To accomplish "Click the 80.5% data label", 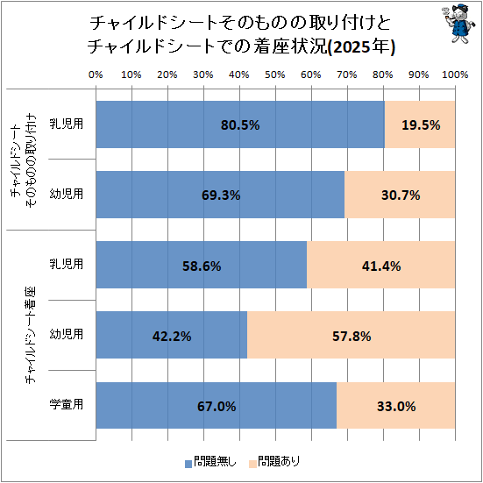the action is (x=240, y=125).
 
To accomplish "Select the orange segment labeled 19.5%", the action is (x=420, y=124).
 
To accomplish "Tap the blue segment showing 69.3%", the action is (x=220, y=195).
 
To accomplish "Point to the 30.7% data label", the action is (x=401, y=195).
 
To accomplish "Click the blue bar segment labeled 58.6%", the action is (x=202, y=265).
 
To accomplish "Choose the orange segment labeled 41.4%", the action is (x=381, y=265).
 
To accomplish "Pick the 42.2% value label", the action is (x=172, y=337).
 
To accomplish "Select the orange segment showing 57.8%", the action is (x=352, y=335).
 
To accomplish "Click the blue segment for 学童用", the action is (x=217, y=405).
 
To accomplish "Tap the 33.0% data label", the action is (x=396, y=407).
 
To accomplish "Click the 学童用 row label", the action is (x=67, y=404).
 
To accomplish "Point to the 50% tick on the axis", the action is (x=274, y=75).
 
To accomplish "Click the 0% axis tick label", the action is (x=96, y=75).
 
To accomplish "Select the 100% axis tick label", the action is (x=455, y=75).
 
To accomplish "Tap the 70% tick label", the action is (x=347, y=75).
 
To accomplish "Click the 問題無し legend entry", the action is (x=210, y=461).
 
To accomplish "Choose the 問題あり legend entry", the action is (x=274, y=461).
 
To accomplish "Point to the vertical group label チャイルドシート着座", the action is (x=31, y=335).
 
